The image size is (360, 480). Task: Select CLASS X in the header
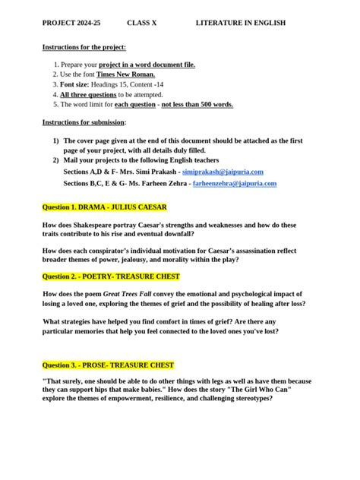141,24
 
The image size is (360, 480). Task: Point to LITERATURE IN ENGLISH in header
240,24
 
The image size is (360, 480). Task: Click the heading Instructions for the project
84,47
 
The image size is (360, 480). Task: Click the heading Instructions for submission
84,122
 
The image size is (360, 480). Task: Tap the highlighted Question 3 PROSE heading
108,365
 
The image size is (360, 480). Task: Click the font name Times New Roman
127,75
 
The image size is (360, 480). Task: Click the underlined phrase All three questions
88,95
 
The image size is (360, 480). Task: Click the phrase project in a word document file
147,65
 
